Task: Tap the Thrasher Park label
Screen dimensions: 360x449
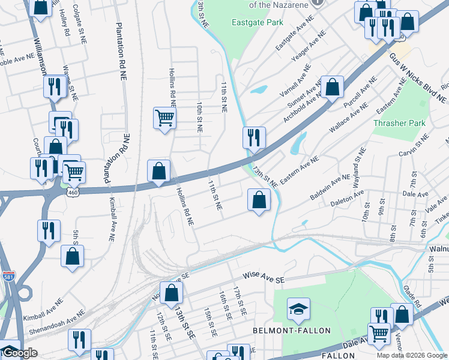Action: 399,123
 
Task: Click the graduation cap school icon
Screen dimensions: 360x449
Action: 298,309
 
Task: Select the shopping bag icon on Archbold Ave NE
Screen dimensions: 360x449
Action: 332,87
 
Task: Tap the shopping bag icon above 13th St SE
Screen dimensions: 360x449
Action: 171,293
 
